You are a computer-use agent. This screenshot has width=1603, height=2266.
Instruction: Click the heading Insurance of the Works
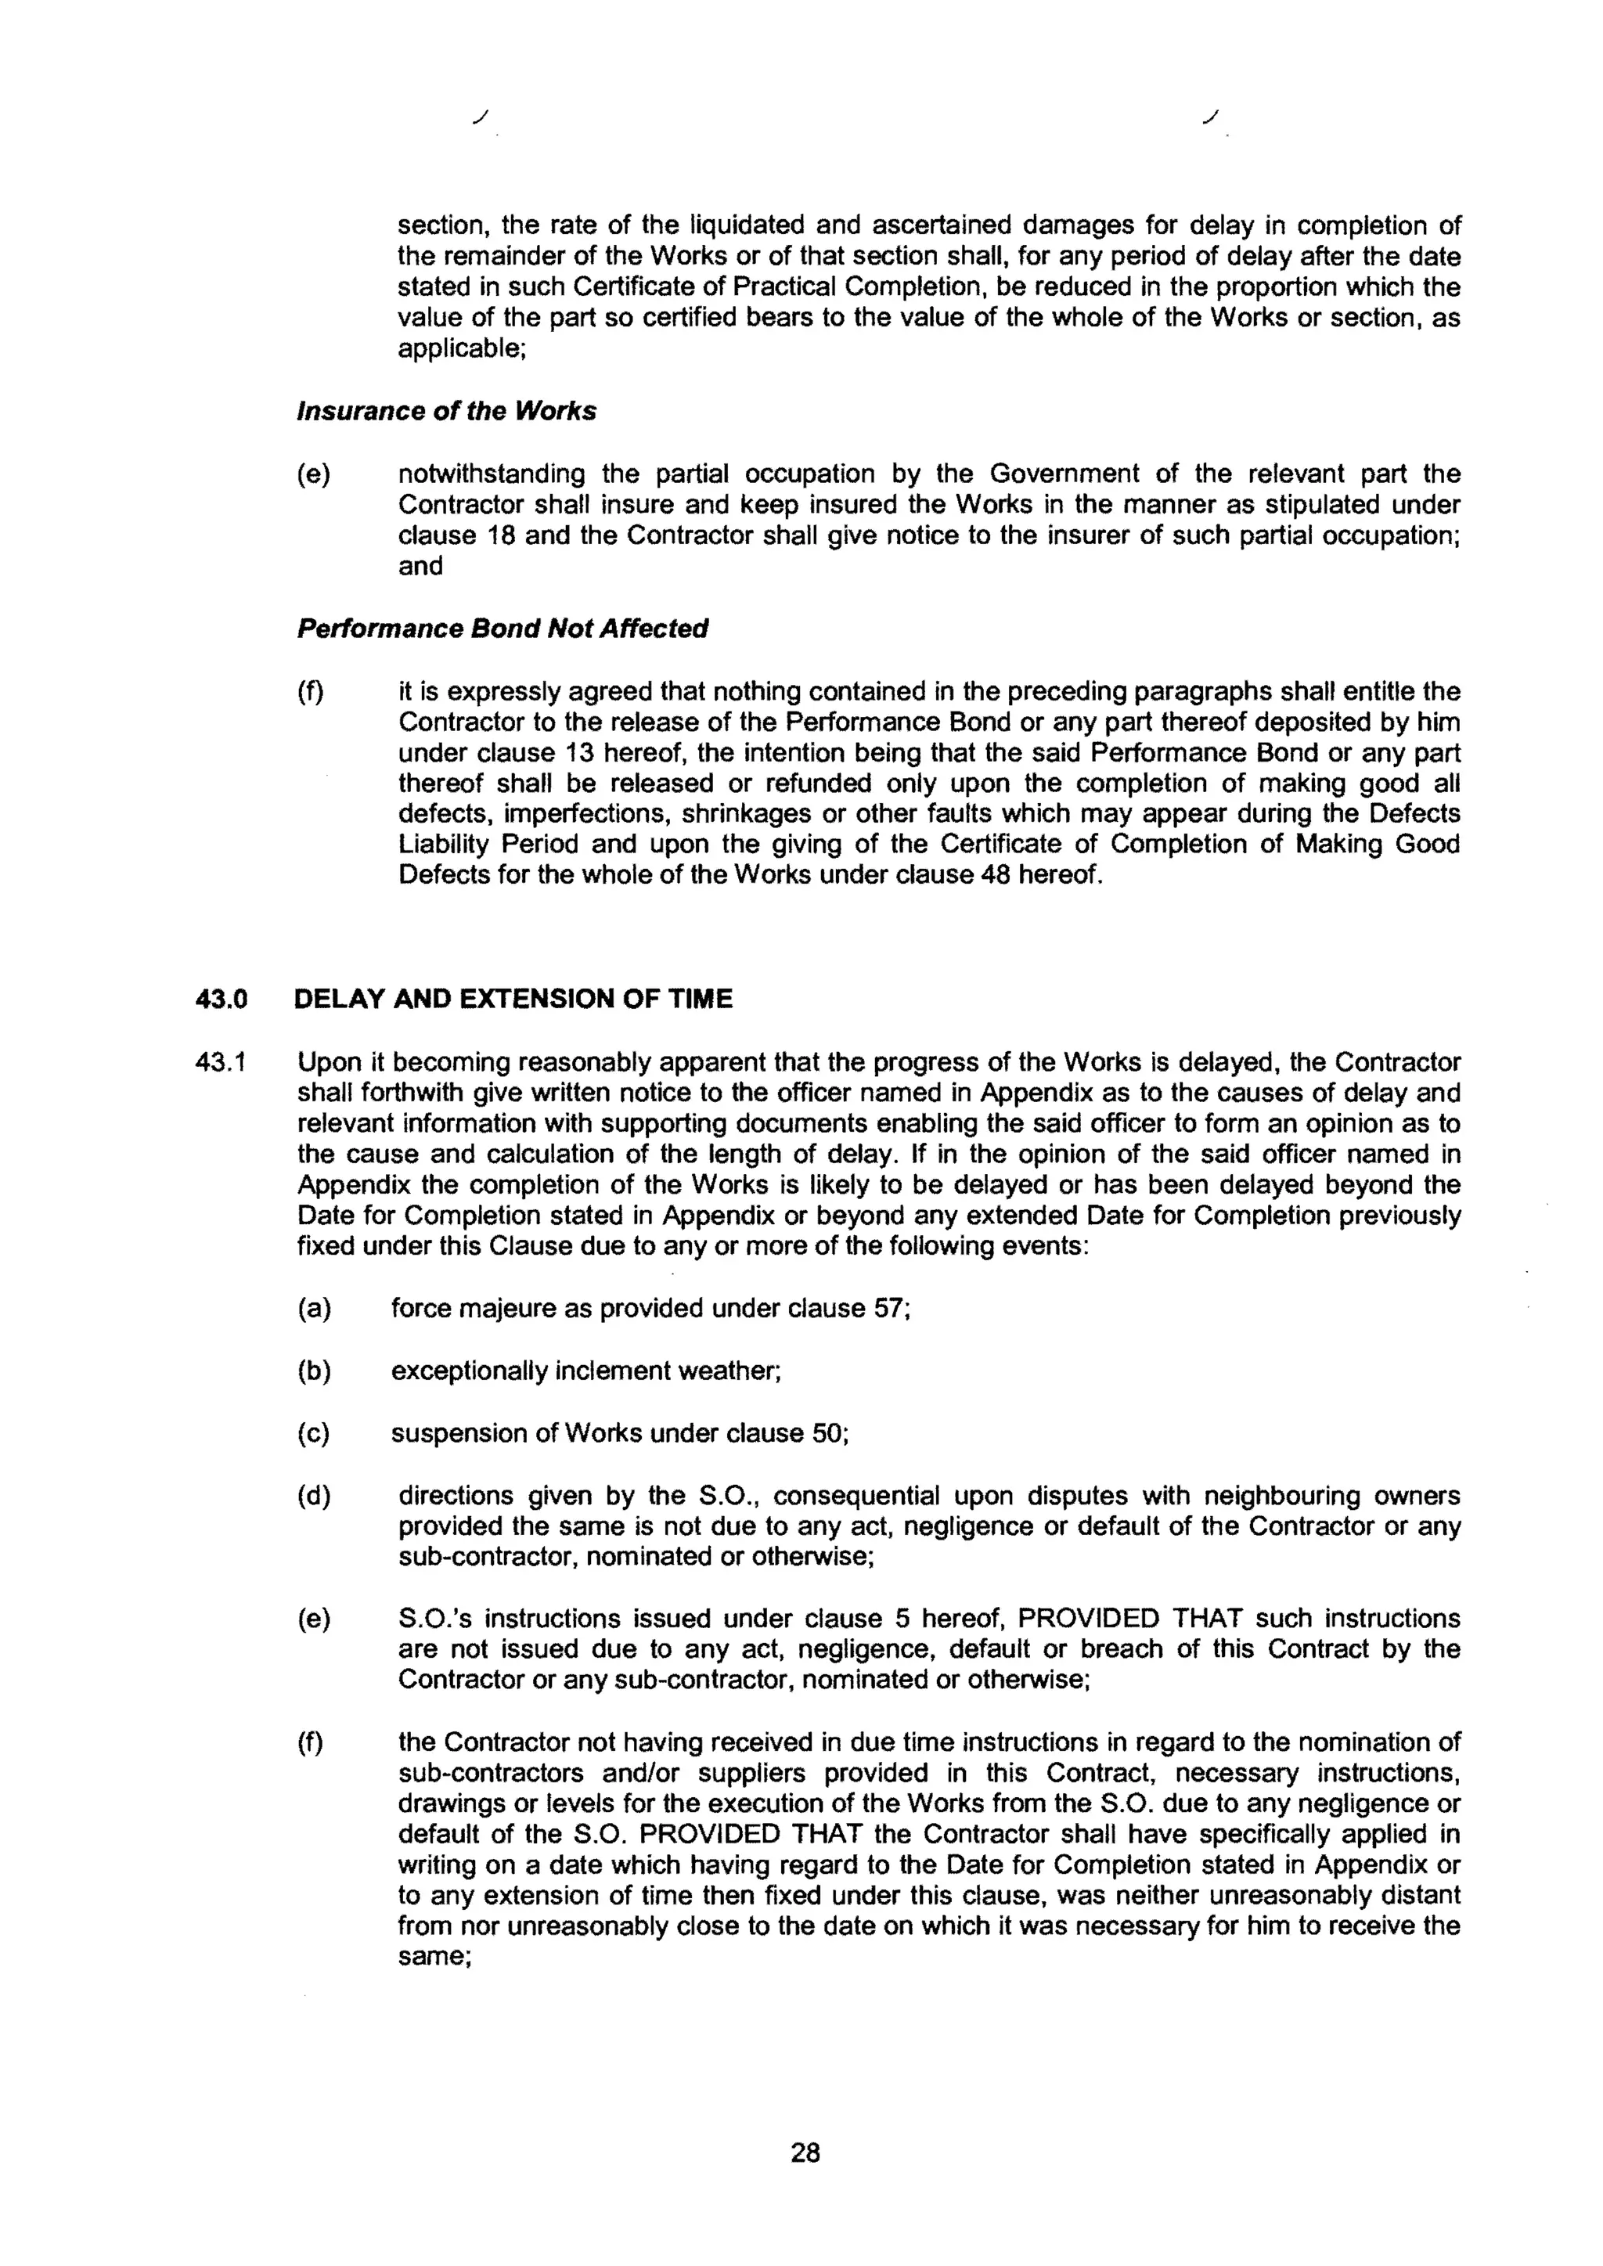point(446,411)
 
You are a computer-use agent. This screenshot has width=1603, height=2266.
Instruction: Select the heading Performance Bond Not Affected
point(503,629)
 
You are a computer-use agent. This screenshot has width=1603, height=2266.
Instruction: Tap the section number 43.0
point(220,999)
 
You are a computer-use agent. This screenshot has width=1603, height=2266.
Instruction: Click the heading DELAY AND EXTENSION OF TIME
point(513,999)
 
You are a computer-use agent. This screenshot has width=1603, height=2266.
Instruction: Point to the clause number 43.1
point(220,1063)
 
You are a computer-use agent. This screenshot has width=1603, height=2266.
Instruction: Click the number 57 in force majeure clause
point(890,1309)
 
